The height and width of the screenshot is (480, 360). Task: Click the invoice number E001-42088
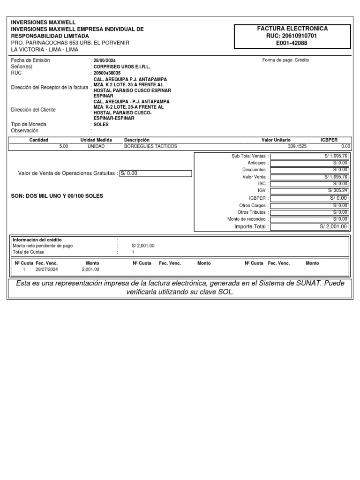pos(292,43)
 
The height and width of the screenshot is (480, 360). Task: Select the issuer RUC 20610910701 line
pos(292,36)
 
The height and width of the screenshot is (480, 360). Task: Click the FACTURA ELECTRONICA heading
pos(292,29)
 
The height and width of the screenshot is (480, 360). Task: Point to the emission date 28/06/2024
pos(105,60)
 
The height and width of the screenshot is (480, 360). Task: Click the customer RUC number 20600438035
pos(107,73)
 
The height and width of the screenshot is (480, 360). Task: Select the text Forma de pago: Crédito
pos(285,60)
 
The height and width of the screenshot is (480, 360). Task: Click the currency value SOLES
pos(101,125)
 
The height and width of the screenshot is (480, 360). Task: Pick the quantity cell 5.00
pos(63,146)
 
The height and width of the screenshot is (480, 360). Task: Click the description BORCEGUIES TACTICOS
pos(150,146)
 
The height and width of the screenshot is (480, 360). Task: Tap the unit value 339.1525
pos(297,146)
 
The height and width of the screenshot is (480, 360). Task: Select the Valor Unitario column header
pos(276,140)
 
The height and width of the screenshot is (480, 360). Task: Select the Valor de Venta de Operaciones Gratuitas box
pos(156,173)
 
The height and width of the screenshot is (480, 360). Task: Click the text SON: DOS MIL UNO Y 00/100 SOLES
pos(57,196)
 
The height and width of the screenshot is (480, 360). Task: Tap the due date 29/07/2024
pos(46,270)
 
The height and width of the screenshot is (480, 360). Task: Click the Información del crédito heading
pos(37,240)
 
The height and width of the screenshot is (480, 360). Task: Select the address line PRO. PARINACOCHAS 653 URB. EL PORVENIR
pos(70,43)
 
